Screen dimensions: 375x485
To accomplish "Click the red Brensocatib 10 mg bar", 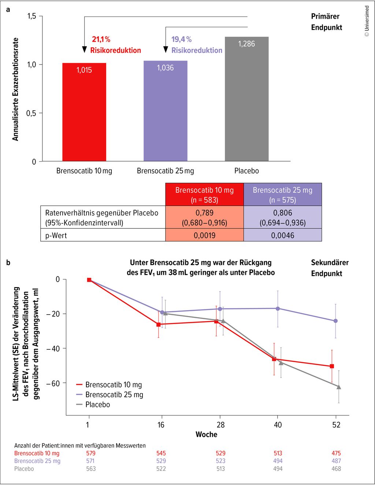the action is tap(84, 112).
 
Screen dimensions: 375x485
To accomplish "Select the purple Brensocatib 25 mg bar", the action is tap(166, 111).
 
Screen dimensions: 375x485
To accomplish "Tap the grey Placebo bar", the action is tap(246, 99).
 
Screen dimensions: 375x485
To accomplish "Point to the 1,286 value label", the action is tap(246, 44).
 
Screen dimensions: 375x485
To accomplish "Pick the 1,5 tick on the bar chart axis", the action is tap(31, 16).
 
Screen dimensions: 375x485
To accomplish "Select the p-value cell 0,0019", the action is tap(204, 235).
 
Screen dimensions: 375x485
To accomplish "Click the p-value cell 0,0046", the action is tap(283, 235).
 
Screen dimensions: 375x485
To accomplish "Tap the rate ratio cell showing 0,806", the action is tap(283, 217).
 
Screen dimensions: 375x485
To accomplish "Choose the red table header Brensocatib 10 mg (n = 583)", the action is tap(204, 195).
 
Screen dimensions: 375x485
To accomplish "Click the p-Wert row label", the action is tap(56, 235).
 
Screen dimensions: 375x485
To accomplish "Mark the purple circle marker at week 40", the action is tap(278, 308).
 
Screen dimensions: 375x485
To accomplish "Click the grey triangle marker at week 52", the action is tap(339, 387).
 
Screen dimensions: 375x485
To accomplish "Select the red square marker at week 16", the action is tap(159, 324).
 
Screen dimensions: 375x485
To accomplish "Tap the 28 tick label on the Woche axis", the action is tap(220, 425).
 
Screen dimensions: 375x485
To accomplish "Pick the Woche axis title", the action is tap(207, 434).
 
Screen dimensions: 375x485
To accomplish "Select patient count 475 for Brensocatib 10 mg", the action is tap(336, 453).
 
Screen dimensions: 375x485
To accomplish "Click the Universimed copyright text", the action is tap(367, 21).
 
